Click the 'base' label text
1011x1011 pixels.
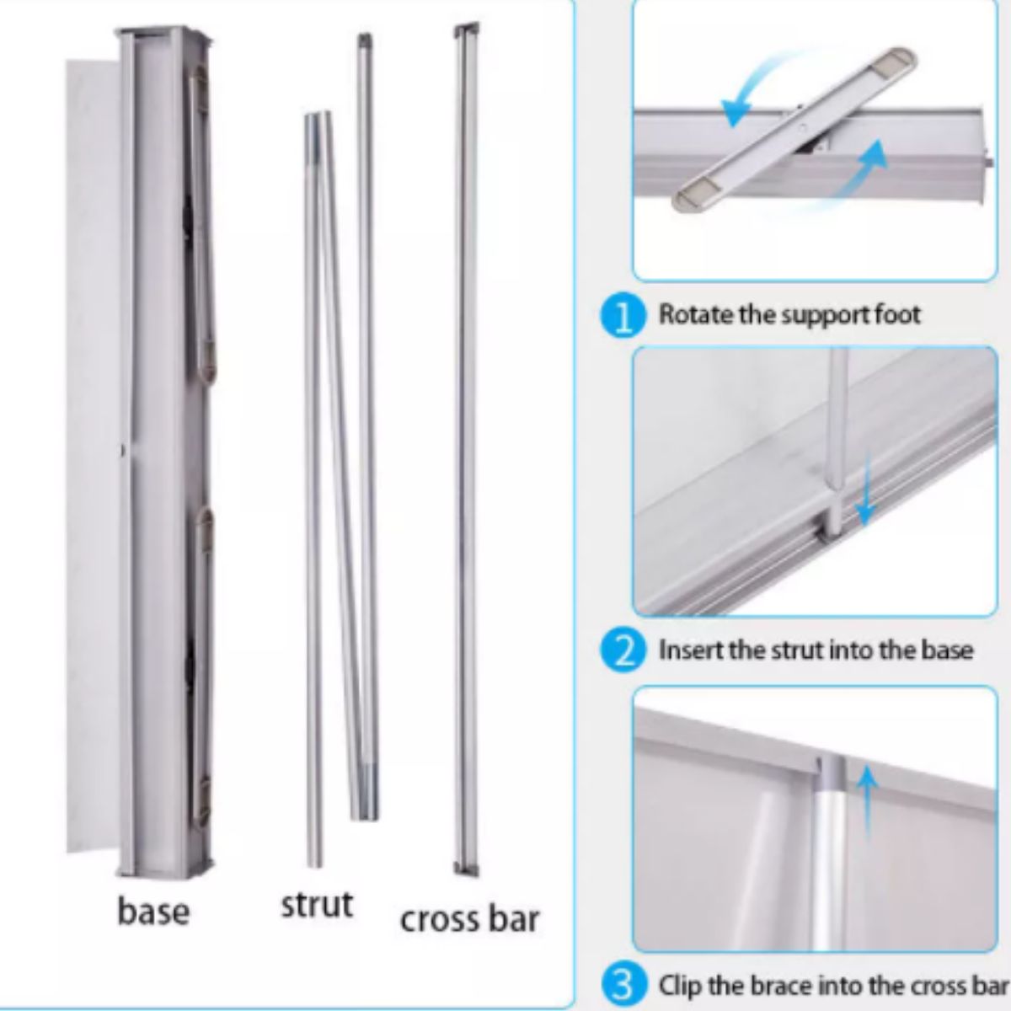153,912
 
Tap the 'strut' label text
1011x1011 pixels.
317,904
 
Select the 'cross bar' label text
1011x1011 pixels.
469,919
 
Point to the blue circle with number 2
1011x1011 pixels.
623,651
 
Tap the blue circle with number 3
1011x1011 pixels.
623,985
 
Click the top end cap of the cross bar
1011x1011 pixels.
466,30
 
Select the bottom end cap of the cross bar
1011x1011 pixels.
466,868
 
